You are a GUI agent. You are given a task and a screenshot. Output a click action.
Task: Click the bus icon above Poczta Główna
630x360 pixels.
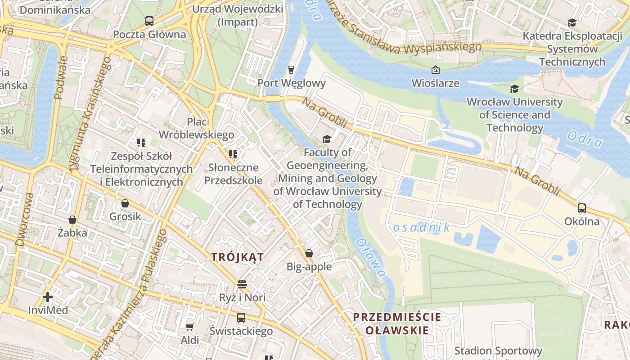[x=149, y=21]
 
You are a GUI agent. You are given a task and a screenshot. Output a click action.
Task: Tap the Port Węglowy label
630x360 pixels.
[x=291, y=83]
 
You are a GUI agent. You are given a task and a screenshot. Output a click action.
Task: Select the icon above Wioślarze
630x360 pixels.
[x=435, y=70]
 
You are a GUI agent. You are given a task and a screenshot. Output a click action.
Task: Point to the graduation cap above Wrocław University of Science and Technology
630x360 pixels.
[x=514, y=89]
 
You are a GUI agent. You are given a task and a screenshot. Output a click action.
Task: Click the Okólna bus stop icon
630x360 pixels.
[x=582, y=208]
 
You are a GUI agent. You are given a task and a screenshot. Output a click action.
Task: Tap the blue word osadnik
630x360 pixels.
[x=421, y=228]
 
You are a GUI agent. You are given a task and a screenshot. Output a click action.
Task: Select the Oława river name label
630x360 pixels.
[x=371, y=258]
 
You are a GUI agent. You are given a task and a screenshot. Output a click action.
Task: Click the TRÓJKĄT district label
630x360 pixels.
[x=238, y=257]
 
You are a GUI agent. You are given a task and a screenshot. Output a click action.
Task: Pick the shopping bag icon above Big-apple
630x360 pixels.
[x=309, y=253]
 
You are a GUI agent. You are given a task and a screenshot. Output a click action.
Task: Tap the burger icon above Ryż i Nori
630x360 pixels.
[x=242, y=284]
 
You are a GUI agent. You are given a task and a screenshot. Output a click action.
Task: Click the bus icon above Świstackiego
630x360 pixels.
[x=241, y=317]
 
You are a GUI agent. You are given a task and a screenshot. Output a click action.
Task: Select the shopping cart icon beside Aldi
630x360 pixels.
[x=190, y=327]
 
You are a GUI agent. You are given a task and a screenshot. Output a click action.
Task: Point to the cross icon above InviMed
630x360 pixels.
[x=48, y=297]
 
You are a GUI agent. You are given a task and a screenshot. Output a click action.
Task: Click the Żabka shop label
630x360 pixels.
[x=72, y=233]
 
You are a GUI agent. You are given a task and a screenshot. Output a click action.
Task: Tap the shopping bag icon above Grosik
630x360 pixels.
[x=125, y=203]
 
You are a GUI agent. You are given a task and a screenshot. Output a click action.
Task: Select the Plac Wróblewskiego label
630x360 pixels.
[x=197, y=128]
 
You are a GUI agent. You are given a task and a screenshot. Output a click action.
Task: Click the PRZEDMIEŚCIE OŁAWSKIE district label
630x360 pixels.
[x=397, y=323]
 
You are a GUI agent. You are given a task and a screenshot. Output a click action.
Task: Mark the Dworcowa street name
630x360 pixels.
[x=24, y=220]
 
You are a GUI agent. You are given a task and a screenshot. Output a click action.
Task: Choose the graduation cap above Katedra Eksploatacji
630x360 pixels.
[x=572, y=22]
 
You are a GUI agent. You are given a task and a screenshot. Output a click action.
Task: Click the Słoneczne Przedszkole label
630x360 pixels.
[x=233, y=174]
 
